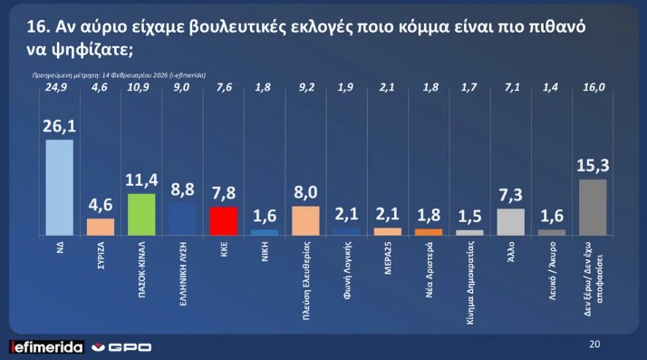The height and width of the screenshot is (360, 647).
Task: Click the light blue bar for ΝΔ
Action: (x=59, y=187)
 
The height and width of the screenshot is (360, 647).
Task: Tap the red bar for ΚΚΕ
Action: (x=223, y=220)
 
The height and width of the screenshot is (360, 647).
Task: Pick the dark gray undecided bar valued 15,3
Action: (x=592, y=207)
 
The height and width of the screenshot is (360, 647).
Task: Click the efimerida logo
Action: (x=45, y=347)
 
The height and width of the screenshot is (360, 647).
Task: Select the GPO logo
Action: (x=121, y=347)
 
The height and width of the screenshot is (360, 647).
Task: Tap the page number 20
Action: (x=594, y=344)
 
